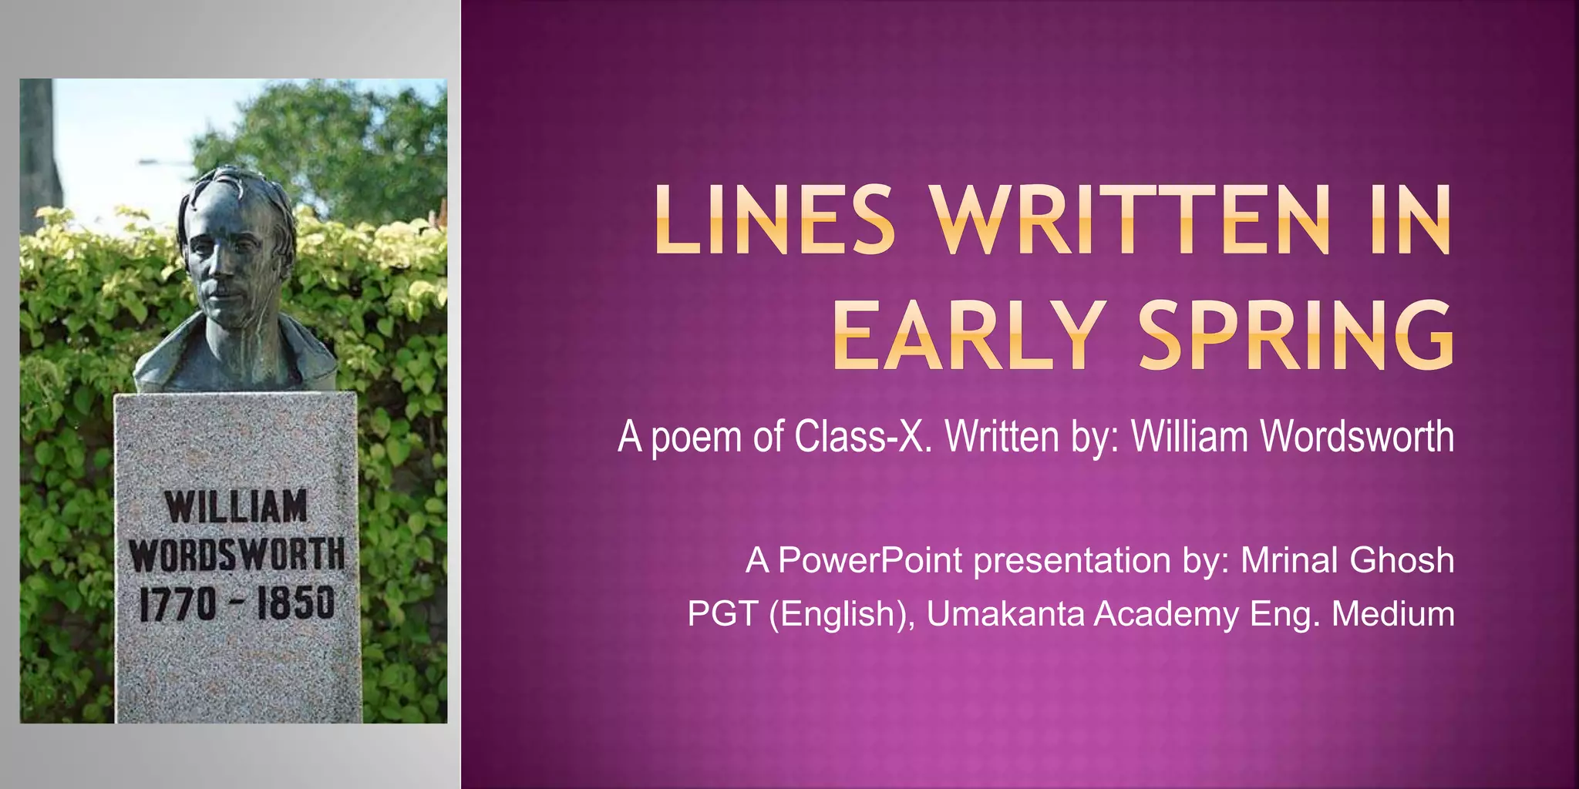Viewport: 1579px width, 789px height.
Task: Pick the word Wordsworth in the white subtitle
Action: tap(1357, 437)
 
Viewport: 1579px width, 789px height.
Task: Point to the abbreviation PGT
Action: tap(722, 614)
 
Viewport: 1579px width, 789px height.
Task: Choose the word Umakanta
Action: tap(1005, 614)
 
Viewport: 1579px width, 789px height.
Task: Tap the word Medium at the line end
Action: tap(1393, 614)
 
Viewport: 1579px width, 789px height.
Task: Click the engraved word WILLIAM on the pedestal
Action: tap(236, 507)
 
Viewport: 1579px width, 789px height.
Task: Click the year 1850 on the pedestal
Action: tap(296, 603)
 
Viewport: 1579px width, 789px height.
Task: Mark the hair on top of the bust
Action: tap(235, 185)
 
